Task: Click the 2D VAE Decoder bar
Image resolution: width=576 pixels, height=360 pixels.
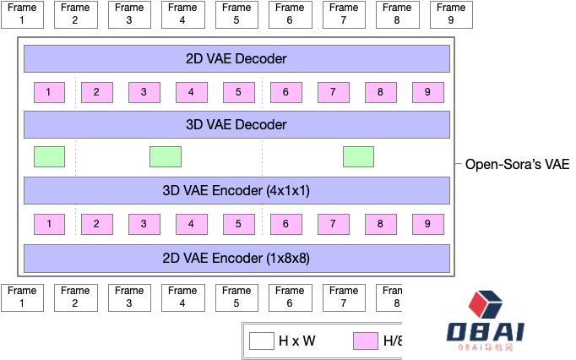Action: (x=236, y=59)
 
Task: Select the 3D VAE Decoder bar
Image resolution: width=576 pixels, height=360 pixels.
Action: (x=236, y=124)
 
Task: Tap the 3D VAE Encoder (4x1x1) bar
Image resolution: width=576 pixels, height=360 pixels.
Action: (x=236, y=190)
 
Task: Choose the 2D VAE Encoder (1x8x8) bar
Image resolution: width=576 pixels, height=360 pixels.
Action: (x=236, y=257)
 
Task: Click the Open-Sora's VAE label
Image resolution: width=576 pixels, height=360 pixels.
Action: (x=517, y=164)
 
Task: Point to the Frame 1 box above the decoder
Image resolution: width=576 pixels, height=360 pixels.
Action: (x=21, y=14)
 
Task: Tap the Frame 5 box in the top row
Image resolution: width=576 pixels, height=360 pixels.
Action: (x=236, y=14)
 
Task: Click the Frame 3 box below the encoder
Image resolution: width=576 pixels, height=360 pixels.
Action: (x=129, y=297)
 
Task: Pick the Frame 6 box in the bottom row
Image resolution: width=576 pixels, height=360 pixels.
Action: (x=291, y=297)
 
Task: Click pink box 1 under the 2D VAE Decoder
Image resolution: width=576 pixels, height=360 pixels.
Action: (x=49, y=92)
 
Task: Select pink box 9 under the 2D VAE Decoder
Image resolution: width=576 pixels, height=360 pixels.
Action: (x=428, y=92)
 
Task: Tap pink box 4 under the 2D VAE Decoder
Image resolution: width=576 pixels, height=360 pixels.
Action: (x=192, y=92)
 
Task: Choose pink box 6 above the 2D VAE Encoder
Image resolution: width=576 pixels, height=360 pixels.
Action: (x=286, y=224)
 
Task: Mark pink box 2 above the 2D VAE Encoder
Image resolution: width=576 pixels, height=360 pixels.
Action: (x=97, y=224)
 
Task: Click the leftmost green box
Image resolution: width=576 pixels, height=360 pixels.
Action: (x=49, y=156)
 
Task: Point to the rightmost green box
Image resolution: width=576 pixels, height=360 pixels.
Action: (x=358, y=156)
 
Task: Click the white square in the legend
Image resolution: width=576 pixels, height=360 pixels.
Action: (x=261, y=341)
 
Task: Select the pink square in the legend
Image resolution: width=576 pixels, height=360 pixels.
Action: (x=365, y=341)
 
